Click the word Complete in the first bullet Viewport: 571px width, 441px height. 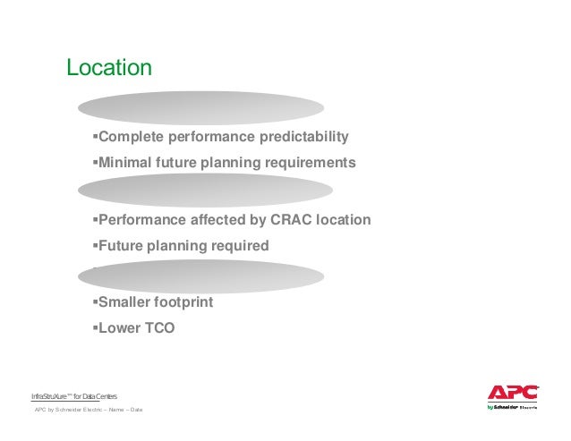coord(127,137)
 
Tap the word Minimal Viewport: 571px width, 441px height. coord(124,163)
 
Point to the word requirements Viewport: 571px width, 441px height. coord(308,163)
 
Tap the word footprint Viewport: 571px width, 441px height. coord(184,302)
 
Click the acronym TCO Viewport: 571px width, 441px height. coord(158,327)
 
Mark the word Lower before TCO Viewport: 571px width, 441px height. coord(117,327)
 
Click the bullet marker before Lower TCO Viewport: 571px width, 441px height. coord(94,327)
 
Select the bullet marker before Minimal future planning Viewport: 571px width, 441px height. coord(94,163)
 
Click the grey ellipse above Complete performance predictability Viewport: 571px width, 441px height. coord(200,107)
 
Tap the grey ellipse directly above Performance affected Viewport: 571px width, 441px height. coord(205,191)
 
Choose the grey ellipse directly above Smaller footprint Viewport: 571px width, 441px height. coord(207,276)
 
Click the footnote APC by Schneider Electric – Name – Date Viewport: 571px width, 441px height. coord(88,410)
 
